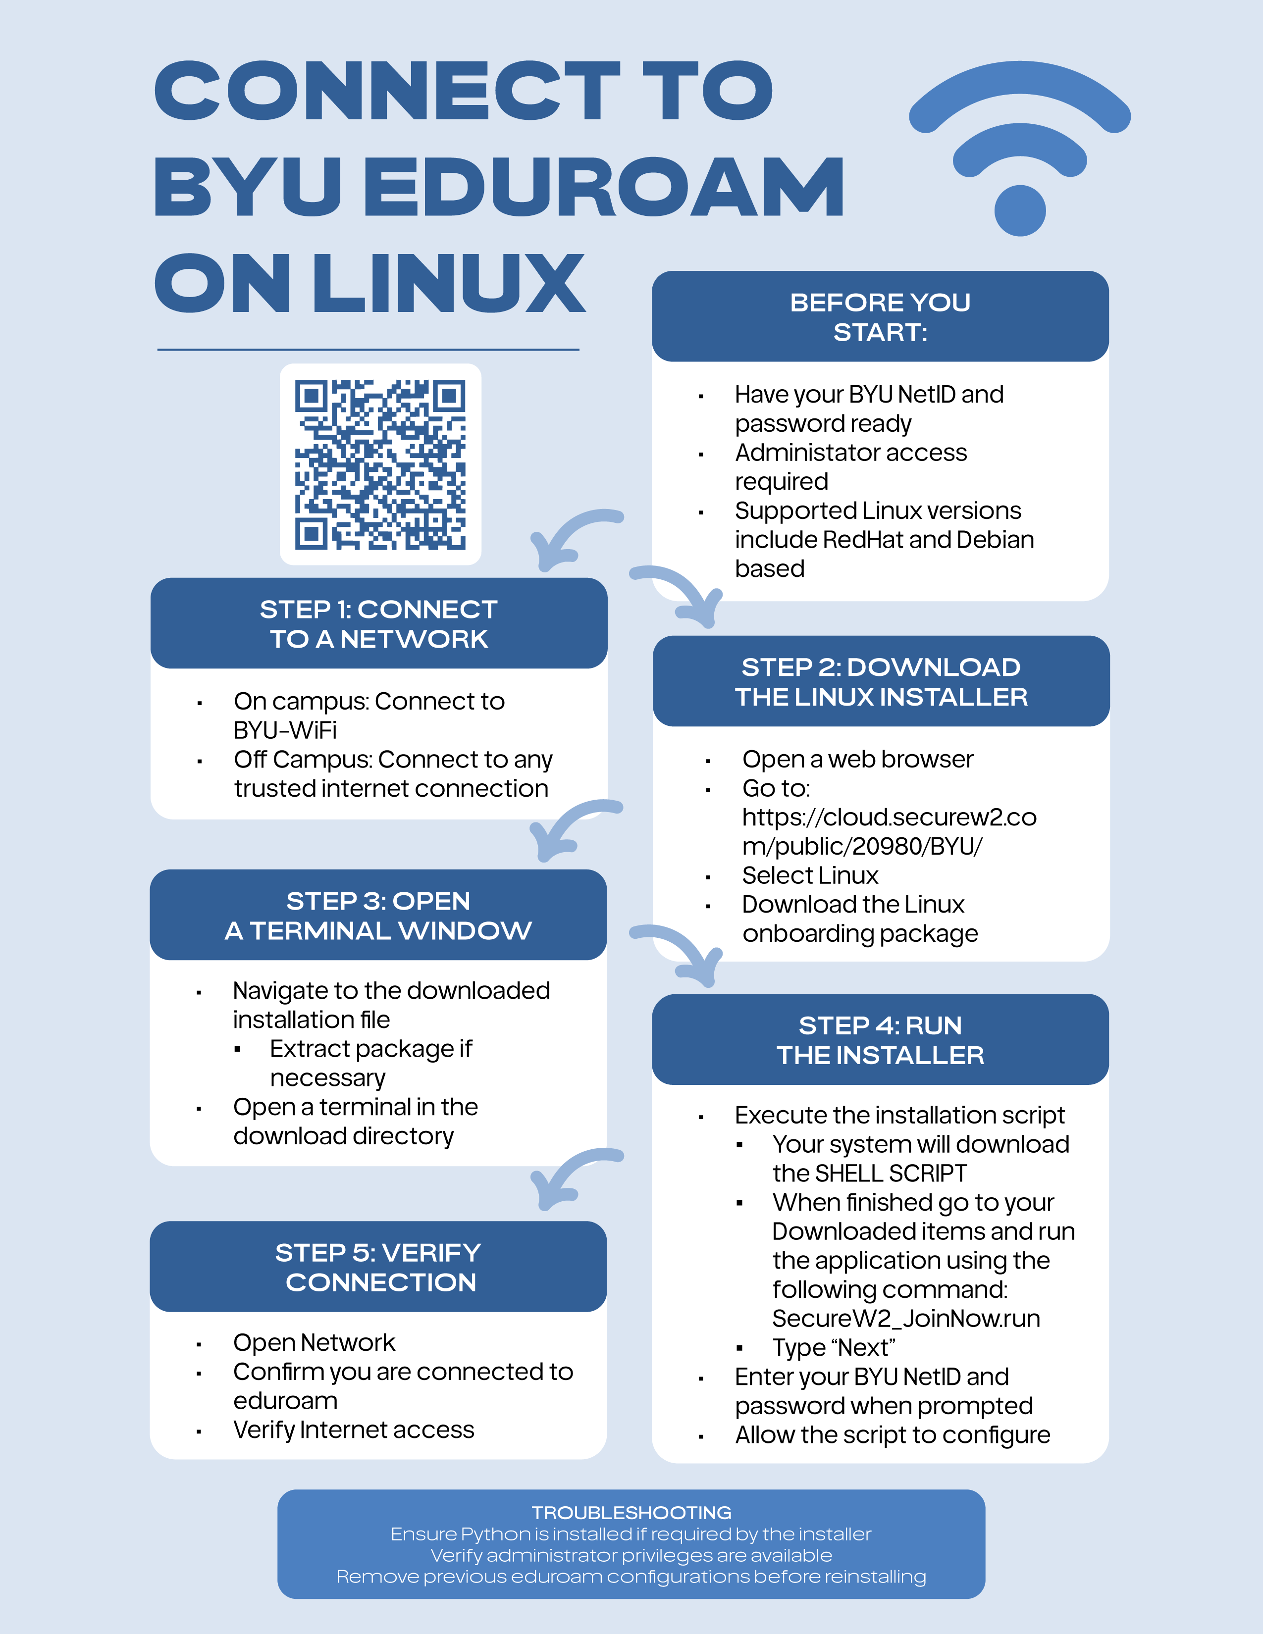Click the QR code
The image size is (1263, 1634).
click(x=380, y=464)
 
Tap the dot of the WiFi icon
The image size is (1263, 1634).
click(x=1020, y=210)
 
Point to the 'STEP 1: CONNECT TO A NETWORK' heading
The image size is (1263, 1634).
click(x=378, y=624)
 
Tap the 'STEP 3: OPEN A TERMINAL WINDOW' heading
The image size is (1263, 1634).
click(x=378, y=915)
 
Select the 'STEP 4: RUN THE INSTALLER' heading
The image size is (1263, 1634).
click(x=881, y=1040)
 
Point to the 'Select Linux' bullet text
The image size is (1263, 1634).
click(x=810, y=875)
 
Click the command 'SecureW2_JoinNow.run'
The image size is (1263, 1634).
click(x=906, y=1318)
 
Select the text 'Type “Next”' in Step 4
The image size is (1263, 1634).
click(x=834, y=1347)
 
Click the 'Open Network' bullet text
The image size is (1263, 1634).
click(x=314, y=1343)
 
